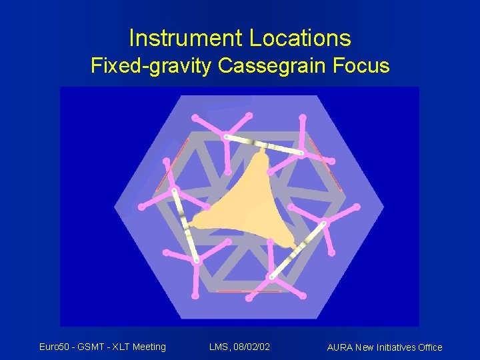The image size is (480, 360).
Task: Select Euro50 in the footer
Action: coord(55,346)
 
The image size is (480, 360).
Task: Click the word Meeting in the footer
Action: coord(149,346)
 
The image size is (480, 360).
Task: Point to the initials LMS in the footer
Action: coord(219,346)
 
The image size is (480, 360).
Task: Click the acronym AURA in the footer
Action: coord(341,347)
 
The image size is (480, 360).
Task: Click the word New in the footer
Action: coord(365,347)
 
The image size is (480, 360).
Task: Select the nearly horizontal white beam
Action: coord(263,145)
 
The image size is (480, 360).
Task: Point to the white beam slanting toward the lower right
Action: coord(298,250)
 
